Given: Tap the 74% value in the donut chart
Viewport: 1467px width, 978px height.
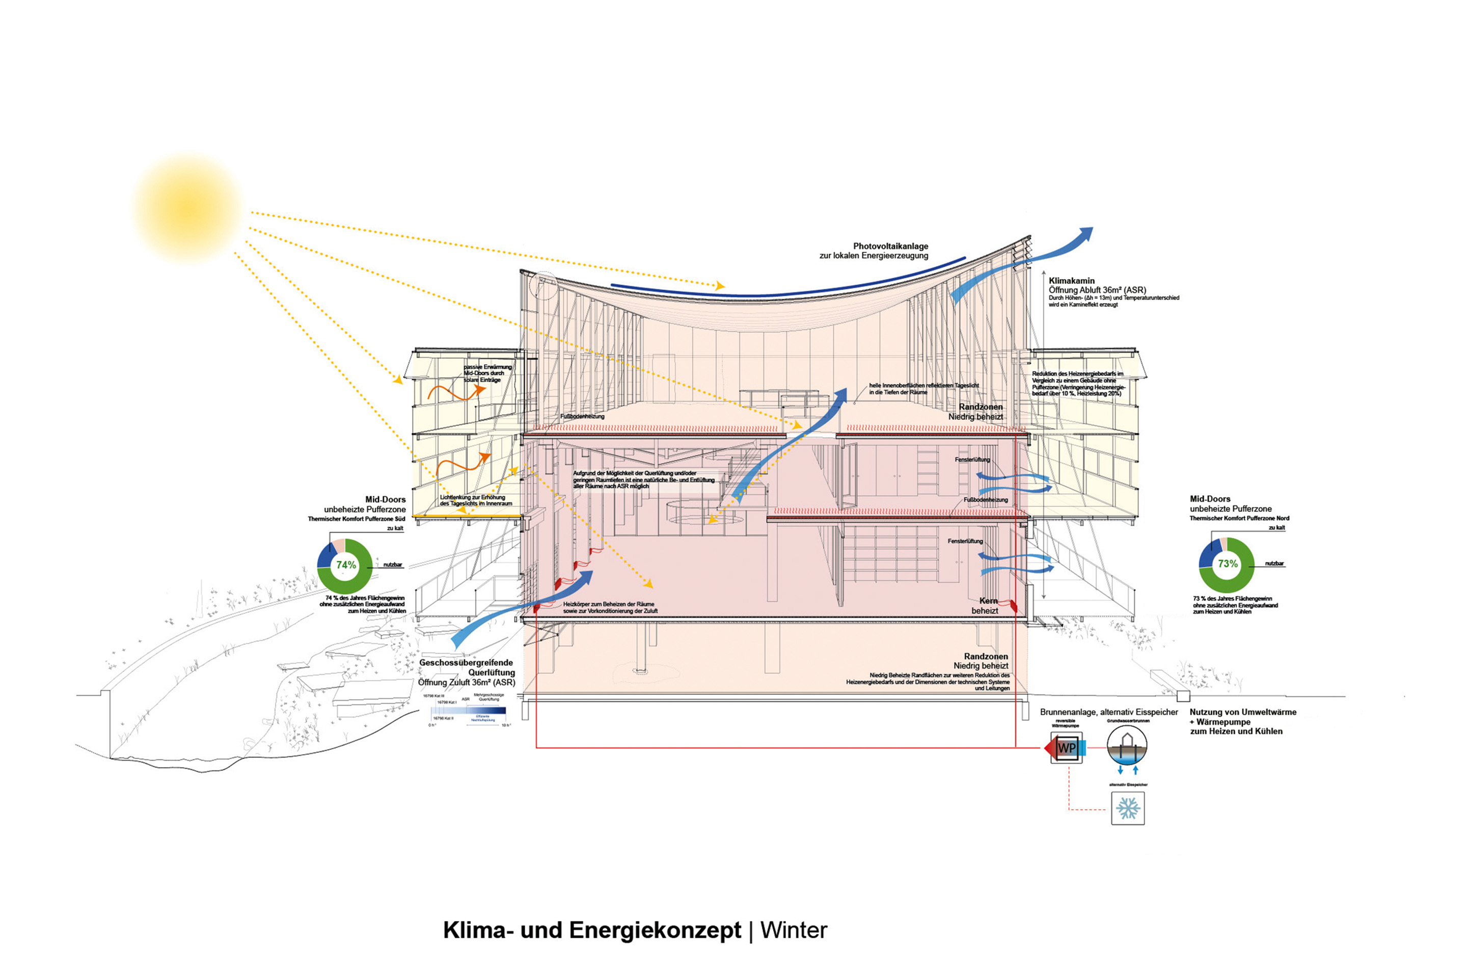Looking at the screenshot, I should coord(346,565).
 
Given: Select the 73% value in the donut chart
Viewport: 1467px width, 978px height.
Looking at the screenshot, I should coord(1228,564).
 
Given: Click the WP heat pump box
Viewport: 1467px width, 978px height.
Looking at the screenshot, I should coord(1067,748).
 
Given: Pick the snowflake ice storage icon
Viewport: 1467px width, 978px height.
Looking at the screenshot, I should coord(1128,808).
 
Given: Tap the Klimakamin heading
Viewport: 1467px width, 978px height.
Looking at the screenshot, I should coord(1072,281).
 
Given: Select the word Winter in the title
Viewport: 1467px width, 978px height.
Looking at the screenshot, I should coord(794,930).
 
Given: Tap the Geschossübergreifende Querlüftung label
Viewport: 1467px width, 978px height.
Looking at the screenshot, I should coord(467,667).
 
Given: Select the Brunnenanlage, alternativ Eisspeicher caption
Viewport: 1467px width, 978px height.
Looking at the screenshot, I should coord(1109,712).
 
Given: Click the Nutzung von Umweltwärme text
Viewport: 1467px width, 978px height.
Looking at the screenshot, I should coord(1242,712).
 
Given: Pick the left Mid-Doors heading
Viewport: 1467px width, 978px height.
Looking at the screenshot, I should coord(385,500).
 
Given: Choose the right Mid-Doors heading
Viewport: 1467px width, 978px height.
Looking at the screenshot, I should coord(1210,499).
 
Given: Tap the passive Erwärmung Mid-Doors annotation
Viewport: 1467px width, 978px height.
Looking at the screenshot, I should coord(487,373).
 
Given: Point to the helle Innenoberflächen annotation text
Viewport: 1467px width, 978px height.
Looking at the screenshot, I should coord(923,389).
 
